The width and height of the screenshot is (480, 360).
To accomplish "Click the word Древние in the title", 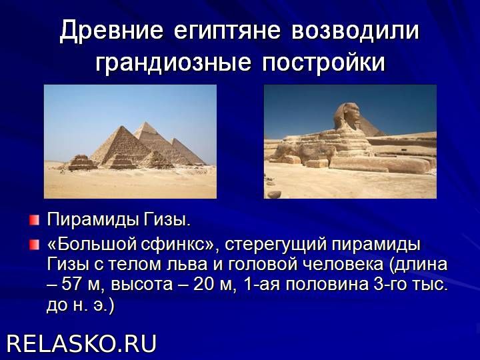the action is pyautogui.click(x=111, y=31).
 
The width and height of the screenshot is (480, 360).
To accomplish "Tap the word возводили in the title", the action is pyautogui.click(x=355, y=31).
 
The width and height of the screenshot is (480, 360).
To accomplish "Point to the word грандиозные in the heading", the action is pyautogui.click(x=173, y=63).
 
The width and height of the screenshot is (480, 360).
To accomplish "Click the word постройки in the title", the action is pyautogui.click(x=323, y=63).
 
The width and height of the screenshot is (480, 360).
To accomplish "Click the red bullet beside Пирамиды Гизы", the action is pyautogui.click(x=35, y=220).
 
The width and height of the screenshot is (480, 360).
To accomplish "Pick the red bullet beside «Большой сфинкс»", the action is pyautogui.click(x=35, y=245).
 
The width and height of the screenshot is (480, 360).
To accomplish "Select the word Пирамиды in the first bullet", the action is pyautogui.click(x=93, y=219).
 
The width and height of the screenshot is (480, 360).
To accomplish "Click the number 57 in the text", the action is pyautogui.click(x=72, y=285).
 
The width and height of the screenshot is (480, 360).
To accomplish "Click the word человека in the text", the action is pyautogui.click(x=344, y=265).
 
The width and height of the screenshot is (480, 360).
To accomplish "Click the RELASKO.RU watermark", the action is pyautogui.click(x=81, y=343).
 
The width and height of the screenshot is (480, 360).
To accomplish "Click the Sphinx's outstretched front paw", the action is pyautogui.click(x=379, y=165).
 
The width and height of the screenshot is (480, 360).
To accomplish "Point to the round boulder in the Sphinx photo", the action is pyautogui.click(x=274, y=194).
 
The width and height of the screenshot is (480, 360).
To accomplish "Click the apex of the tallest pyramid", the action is pyautogui.click(x=145, y=122).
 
